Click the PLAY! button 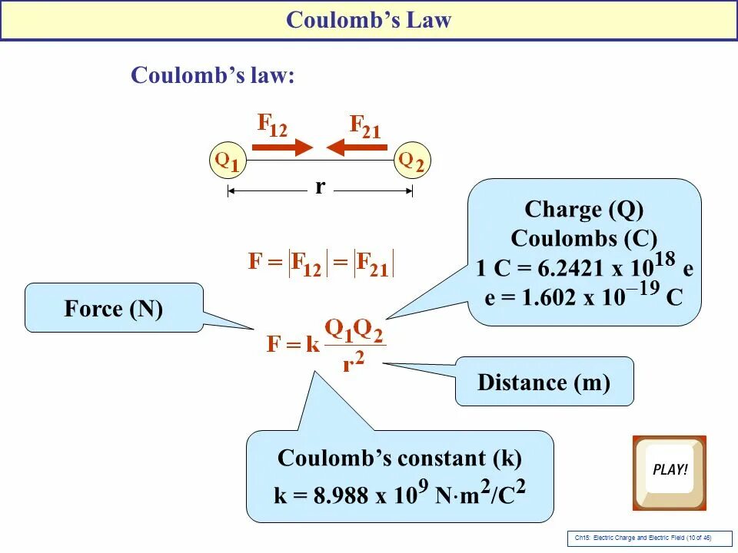click(x=669, y=472)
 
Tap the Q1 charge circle click(x=227, y=161)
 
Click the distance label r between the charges click(x=320, y=187)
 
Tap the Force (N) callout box click(x=114, y=309)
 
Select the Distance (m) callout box click(x=544, y=382)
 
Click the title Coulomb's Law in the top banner click(x=368, y=21)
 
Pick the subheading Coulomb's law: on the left click(x=213, y=75)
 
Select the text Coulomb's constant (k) click(x=399, y=459)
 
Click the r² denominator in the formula click(x=353, y=363)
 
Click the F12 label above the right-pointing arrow click(x=272, y=125)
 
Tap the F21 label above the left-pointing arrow click(x=365, y=125)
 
